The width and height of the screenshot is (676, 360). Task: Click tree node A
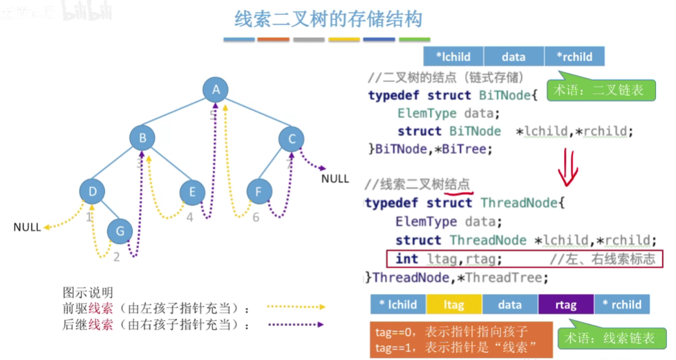pos(216,90)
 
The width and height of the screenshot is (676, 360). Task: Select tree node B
pos(142,138)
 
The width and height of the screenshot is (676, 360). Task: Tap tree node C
pos(292,138)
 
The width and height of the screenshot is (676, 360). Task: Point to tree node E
pos(192,191)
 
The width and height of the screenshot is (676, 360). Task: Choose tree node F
pos(259,191)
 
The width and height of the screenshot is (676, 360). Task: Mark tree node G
pos(119,231)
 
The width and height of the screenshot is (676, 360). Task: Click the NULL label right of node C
pos(335,178)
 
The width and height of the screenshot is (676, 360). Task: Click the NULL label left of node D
pos(27,227)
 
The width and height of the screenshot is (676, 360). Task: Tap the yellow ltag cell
pos(454,305)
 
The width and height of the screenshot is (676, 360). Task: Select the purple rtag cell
pos(565,305)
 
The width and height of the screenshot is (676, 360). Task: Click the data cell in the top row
pos(513,57)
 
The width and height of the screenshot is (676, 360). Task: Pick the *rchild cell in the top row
pos(574,57)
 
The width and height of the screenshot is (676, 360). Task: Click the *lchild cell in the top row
pos(453,57)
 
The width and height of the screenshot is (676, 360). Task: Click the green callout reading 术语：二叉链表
pos(600,91)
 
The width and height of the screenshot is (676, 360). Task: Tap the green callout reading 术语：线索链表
pos(610,337)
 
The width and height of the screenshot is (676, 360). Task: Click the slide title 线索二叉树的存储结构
pos(328,20)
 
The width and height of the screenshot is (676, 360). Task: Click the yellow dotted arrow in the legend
pos(296,308)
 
